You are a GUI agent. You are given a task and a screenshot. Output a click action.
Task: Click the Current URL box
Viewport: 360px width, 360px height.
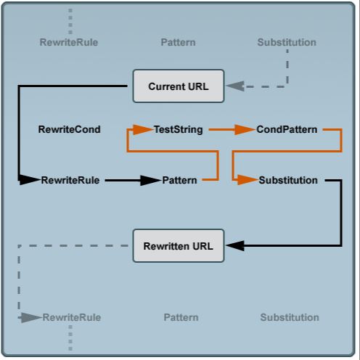[179, 86]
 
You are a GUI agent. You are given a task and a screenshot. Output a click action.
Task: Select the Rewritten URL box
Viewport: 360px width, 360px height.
[179, 246]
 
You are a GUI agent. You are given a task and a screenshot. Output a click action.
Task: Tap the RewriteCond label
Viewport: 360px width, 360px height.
[69, 130]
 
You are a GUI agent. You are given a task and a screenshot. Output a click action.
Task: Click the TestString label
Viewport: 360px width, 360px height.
[178, 130]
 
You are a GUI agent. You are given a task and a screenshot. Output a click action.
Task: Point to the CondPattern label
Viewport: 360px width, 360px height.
[287, 130]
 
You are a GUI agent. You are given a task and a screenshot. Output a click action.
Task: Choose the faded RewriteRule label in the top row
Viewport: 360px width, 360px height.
[69, 42]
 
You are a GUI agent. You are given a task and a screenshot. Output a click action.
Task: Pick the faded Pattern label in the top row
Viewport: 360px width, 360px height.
[178, 42]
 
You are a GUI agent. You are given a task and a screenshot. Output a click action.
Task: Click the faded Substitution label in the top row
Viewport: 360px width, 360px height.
[287, 42]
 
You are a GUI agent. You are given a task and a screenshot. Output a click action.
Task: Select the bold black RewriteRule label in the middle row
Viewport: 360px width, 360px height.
[70, 180]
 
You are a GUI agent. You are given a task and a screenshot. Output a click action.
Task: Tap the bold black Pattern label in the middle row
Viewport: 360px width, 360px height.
[179, 180]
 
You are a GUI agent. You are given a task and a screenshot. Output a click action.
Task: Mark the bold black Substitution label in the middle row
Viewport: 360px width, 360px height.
[288, 180]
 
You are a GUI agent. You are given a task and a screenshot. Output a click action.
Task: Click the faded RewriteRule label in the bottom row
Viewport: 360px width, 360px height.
[72, 317]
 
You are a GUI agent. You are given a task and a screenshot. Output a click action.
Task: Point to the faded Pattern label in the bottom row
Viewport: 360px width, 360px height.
[181, 317]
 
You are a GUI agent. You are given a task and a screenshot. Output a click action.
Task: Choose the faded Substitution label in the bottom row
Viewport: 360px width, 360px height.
[290, 317]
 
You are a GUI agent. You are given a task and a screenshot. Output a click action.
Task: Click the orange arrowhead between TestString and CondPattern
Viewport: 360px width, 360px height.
[245, 130]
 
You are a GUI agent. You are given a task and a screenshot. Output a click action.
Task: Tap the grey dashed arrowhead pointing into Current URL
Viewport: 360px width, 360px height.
[236, 86]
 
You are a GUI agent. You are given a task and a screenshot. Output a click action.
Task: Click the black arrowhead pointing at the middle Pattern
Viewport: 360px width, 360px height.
[150, 180]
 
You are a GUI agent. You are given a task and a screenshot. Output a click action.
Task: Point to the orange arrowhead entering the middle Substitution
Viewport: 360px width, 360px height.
[247, 180]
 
